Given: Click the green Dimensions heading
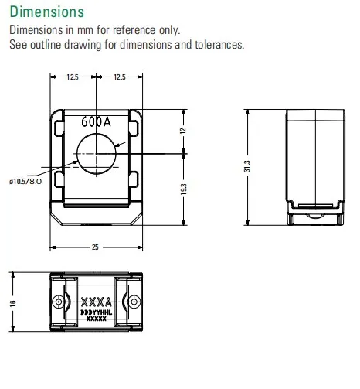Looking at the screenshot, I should point(46,13).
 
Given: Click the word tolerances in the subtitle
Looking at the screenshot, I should point(216,44).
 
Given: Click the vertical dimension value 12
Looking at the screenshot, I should point(184,131).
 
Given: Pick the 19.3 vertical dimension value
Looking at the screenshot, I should point(184,189).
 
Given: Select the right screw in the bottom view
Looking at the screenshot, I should point(134,300).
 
